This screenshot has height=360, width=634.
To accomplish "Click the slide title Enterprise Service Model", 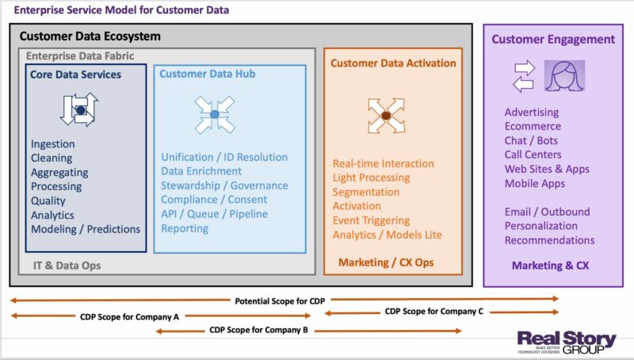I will [122, 10].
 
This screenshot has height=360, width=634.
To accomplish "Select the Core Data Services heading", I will [75, 75].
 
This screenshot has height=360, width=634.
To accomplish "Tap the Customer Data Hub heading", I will [207, 74].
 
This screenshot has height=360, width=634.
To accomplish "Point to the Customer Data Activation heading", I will [393, 63].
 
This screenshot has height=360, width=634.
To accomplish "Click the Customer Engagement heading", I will [552, 39].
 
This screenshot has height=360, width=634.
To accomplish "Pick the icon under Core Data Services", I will [79, 109].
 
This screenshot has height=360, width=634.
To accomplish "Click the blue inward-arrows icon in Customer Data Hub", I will [215, 114].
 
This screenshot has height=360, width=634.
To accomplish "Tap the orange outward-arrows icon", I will [386, 115].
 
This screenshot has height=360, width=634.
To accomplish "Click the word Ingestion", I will [53, 144].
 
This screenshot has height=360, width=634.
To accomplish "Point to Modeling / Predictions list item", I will [86, 229].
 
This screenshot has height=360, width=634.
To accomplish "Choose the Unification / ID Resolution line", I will [224, 157].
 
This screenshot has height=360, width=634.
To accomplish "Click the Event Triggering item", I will [371, 220].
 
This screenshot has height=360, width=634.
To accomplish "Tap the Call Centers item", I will [533, 155].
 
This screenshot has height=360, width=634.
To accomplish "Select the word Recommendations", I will [549, 240].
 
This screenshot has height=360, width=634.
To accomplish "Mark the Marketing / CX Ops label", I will [386, 262].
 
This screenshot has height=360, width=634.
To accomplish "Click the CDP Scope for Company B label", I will [259, 330].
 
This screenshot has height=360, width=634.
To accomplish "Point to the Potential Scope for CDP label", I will [280, 301].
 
